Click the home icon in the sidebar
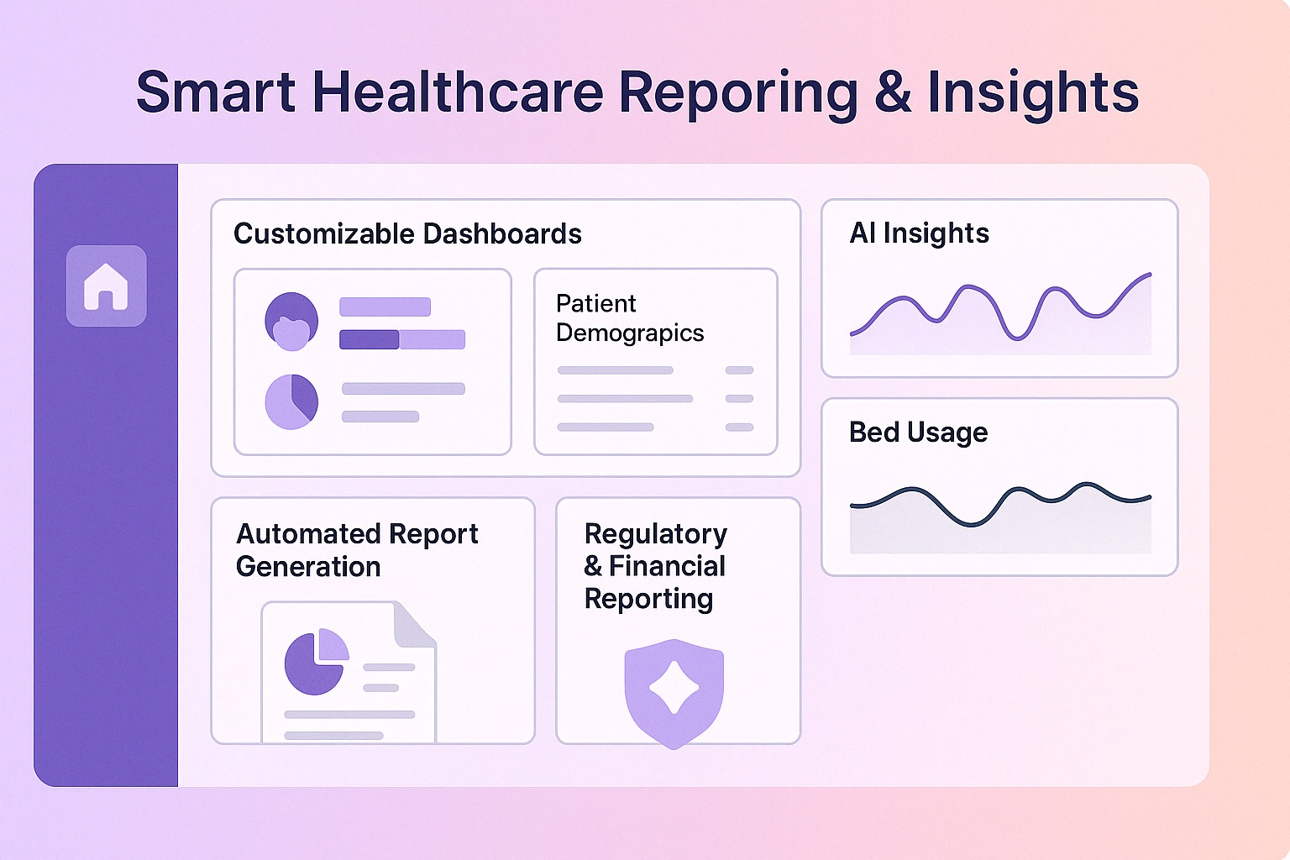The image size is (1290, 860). click(106, 286)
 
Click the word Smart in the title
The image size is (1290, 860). click(215, 92)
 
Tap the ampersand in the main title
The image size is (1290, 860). click(892, 92)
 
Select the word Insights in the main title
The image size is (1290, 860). click(1033, 92)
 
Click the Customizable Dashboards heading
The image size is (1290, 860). click(407, 233)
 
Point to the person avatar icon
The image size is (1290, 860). click(291, 321)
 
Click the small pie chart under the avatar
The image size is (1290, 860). click(291, 401)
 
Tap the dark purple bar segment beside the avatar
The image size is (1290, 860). click(369, 339)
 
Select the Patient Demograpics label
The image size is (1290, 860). click(629, 318)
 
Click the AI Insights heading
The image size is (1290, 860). click(919, 233)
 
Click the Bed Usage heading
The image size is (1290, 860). click(918, 432)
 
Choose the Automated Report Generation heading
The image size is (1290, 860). click(357, 550)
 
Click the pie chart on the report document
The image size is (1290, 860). click(316, 662)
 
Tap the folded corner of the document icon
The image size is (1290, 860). click(415, 625)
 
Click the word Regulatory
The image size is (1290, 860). click(656, 534)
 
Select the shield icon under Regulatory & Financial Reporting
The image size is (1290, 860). click(674, 692)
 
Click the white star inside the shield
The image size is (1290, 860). click(674, 687)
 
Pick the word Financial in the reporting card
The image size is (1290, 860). click(667, 566)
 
